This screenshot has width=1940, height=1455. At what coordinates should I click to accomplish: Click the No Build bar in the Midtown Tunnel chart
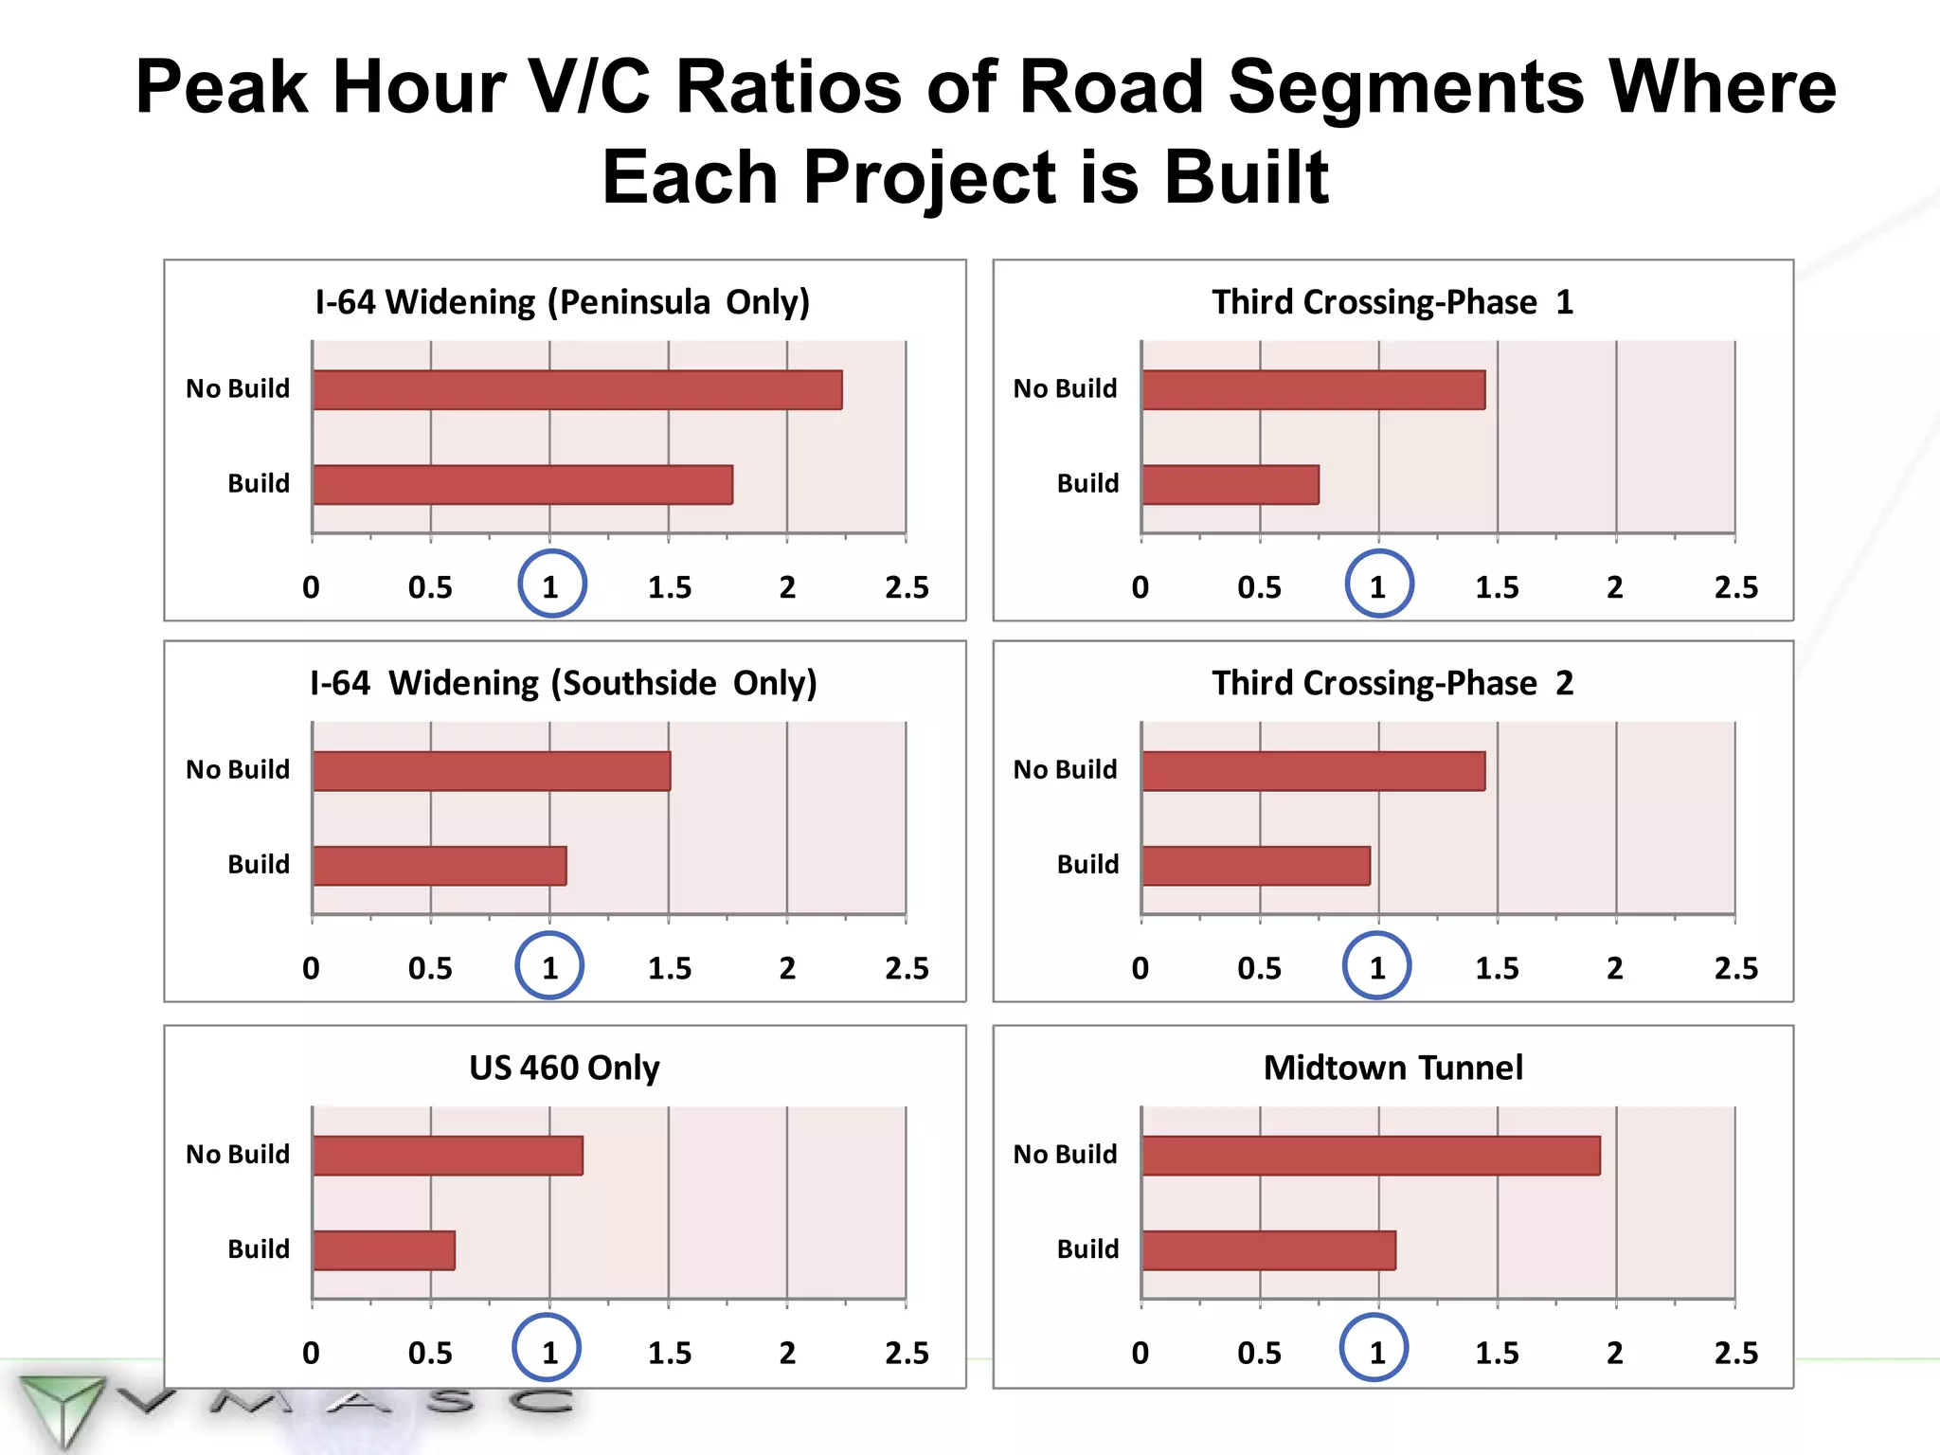[1370, 1156]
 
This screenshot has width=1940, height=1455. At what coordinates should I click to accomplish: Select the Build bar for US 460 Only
[384, 1250]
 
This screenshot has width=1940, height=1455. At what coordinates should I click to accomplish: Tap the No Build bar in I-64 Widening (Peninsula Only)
[577, 390]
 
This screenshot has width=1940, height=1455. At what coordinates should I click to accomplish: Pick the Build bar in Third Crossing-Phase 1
[1230, 485]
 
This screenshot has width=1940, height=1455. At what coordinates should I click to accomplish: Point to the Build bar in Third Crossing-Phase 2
[1255, 866]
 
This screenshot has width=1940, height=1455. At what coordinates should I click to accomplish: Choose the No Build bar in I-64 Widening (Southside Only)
[491, 771]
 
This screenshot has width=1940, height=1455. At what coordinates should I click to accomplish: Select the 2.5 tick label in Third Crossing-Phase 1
[1735, 587]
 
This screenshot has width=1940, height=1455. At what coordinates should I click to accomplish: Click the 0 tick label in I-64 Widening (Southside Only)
[311, 968]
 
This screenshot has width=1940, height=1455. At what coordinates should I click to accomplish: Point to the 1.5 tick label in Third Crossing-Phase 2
[1497, 968]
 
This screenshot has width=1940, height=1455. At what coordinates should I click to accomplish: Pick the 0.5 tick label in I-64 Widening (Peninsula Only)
[430, 587]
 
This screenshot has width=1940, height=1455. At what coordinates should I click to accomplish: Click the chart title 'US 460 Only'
[565, 1068]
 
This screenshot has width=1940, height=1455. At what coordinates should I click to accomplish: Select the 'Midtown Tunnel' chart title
[1392, 1068]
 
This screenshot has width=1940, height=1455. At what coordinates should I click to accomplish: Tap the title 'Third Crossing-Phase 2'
[1392, 683]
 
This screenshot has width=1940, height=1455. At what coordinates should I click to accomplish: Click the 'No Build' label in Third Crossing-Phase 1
[1065, 388]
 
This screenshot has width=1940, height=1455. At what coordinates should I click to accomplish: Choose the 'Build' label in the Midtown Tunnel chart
[1087, 1248]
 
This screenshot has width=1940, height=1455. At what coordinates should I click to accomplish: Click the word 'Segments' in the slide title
[1406, 87]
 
